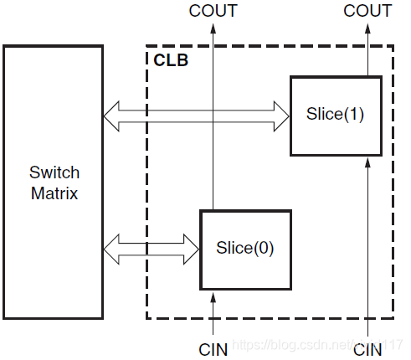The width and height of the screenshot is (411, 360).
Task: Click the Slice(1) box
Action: pyautogui.click(x=335, y=116)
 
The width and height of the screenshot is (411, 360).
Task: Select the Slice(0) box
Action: pyautogui.click(x=245, y=249)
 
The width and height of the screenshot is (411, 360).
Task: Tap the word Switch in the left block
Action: pyautogui.click(x=54, y=173)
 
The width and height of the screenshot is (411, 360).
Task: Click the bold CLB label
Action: pyautogui.click(x=171, y=60)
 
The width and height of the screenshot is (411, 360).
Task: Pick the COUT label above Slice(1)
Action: pyautogui.click(x=367, y=11)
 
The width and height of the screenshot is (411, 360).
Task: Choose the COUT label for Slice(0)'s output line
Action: pyautogui.click(x=213, y=11)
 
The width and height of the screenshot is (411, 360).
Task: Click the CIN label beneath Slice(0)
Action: pyautogui.click(x=213, y=349)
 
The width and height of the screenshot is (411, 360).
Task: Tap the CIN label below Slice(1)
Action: pyautogui.click(x=368, y=349)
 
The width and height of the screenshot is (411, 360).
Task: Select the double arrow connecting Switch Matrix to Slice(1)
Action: pyautogui.click(x=196, y=116)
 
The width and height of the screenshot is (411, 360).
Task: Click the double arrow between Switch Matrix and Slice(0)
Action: pyautogui.click(x=151, y=248)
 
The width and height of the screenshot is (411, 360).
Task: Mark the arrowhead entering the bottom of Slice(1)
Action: pyautogui.click(x=368, y=162)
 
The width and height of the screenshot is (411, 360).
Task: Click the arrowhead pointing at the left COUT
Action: pyautogui.click(x=213, y=28)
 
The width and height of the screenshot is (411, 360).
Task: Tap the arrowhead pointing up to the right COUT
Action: pyautogui.click(x=368, y=28)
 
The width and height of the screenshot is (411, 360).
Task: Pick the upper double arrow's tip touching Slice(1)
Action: pyautogui.click(x=283, y=116)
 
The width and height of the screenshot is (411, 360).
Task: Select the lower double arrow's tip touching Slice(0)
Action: pyautogui.click(x=193, y=248)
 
